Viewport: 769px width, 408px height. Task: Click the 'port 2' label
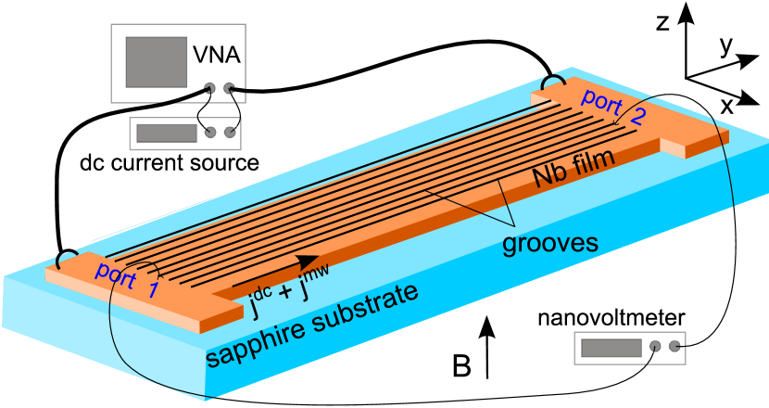click(x=611, y=106)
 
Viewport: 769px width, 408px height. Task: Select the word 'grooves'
click(x=549, y=243)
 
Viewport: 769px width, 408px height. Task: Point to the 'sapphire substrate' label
click(x=311, y=325)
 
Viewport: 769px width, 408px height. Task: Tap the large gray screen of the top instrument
click(x=157, y=62)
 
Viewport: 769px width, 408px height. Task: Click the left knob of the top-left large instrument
click(x=210, y=89)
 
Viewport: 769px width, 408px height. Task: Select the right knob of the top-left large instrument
click(x=230, y=89)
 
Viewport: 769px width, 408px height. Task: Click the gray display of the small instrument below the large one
click(x=167, y=133)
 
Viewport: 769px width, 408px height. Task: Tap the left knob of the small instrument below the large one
click(x=211, y=132)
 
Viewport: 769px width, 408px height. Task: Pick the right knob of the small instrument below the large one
click(x=231, y=132)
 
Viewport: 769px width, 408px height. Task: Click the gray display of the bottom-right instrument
click(x=611, y=348)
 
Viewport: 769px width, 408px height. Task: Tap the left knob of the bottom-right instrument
click(x=655, y=347)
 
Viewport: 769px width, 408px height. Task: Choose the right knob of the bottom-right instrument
click(x=674, y=347)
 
